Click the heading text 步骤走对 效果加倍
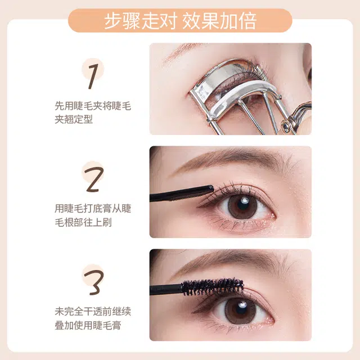180,21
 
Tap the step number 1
93,76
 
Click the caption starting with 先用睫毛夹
93,112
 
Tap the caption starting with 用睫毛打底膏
93,215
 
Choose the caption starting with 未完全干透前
93,318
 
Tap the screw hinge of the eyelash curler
286,125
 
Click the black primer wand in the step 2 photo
182,193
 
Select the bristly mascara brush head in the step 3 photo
213,287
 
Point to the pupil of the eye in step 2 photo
242,204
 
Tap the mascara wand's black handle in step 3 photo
166,290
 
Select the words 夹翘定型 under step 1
74,119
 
